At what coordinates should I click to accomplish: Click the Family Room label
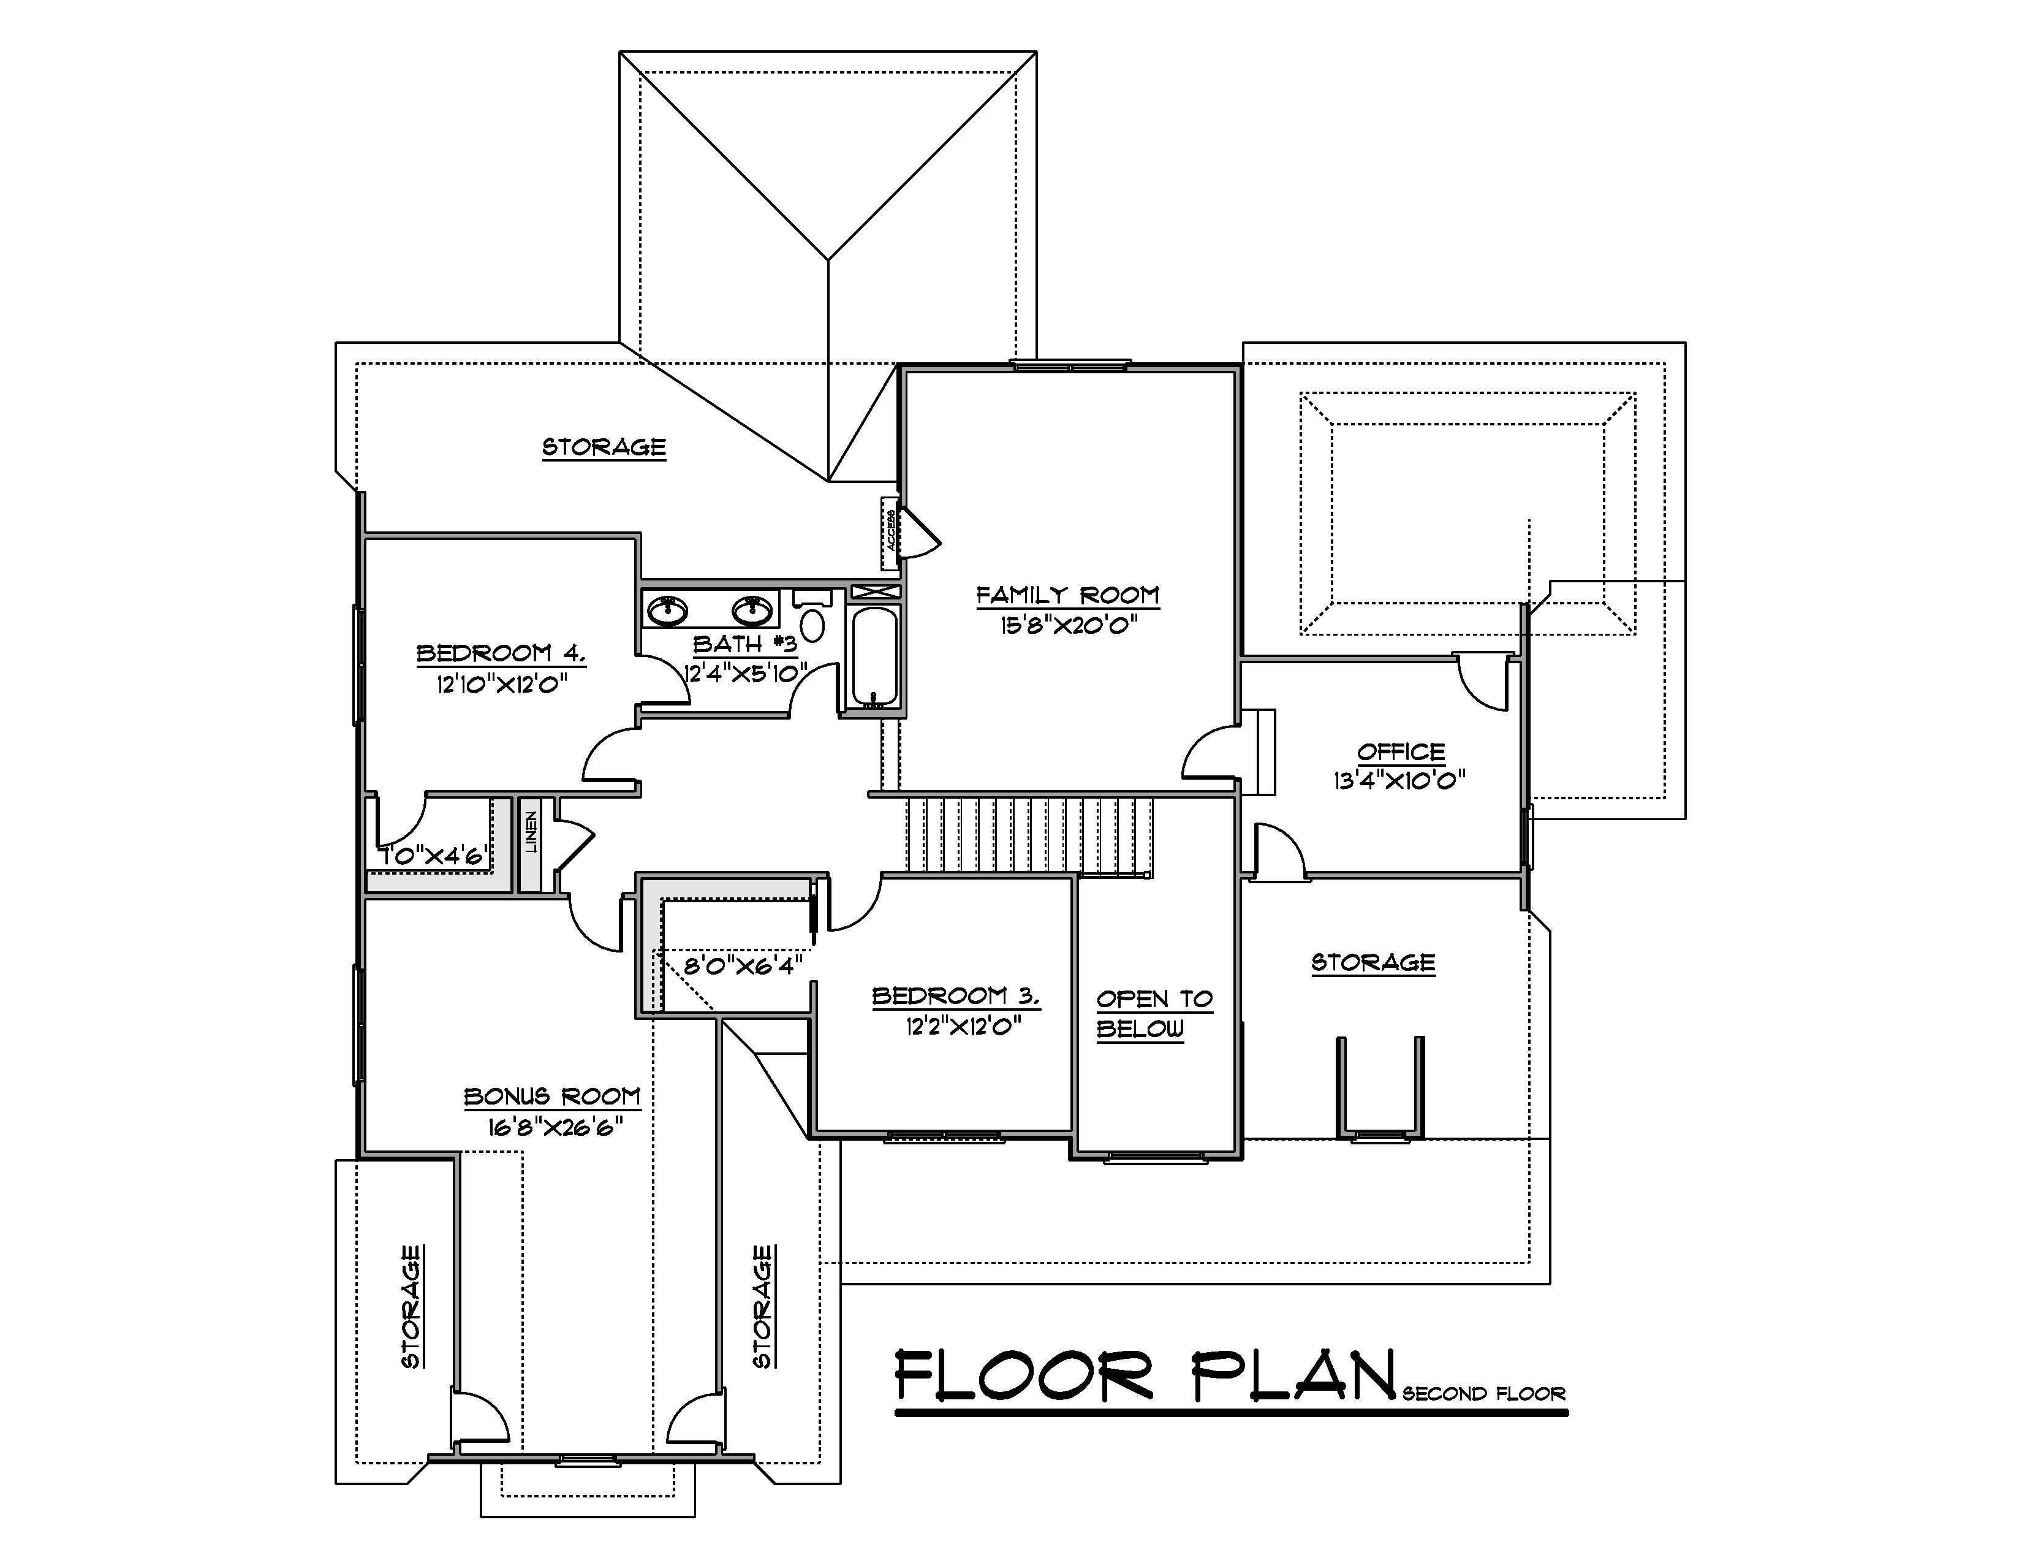pyautogui.click(x=1067, y=595)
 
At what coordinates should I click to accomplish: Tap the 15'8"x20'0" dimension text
pyautogui.click(x=1067, y=625)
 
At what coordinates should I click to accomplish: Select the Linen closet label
pyautogui.click(x=531, y=832)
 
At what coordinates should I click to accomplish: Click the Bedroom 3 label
pyautogui.click(x=955, y=996)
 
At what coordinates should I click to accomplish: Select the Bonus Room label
pyautogui.click(x=553, y=1097)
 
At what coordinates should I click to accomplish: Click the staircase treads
pyautogui.click(x=1028, y=834)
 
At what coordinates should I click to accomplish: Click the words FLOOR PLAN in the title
pyautogui.click(x=1145, y=1376)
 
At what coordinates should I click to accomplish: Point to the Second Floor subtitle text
pyautogui.click(x=1483, y=1394)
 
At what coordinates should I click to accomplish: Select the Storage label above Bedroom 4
pyautogui.click(x=604, y=447)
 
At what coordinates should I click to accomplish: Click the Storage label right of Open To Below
pyautogui.click(x=1373, y=963)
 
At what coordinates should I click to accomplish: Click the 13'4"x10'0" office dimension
pyautogui.click(x=1399, y=780)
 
